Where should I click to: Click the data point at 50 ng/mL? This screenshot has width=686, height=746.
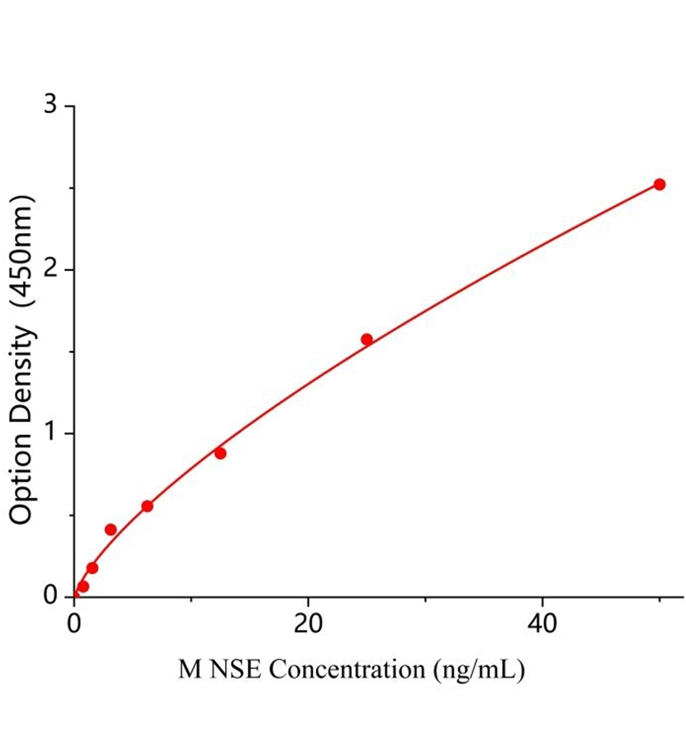pos(659,184)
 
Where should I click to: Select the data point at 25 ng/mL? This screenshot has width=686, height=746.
pos(367,339)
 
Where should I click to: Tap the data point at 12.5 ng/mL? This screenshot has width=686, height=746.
pos(220,453)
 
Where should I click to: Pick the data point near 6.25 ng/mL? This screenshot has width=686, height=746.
pos(147,506)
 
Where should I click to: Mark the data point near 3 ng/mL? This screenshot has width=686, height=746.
pos(111,530)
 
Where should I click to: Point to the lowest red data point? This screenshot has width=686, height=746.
pos(83,587)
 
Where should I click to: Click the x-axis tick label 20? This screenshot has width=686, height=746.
pos(308,624)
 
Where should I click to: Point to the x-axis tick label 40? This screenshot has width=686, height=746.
pos(542,624)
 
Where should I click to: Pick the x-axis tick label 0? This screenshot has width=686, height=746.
pos(75,624)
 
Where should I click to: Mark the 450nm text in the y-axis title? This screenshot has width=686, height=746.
pos(22,249)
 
